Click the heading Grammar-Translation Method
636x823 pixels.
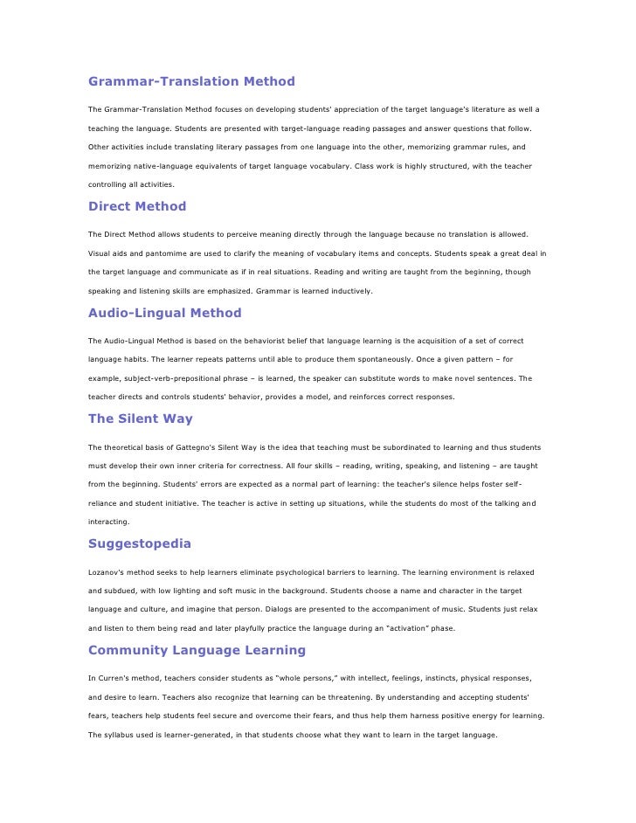tap(191, 81)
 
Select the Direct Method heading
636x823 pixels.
tap(137, 207)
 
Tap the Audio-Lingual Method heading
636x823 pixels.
tap(165, 313)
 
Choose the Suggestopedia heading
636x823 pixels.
tap(140, 543)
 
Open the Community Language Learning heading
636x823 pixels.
tap(197, 650)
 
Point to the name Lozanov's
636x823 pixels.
tap(107, 572)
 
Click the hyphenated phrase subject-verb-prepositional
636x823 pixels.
tap(179, 378)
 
